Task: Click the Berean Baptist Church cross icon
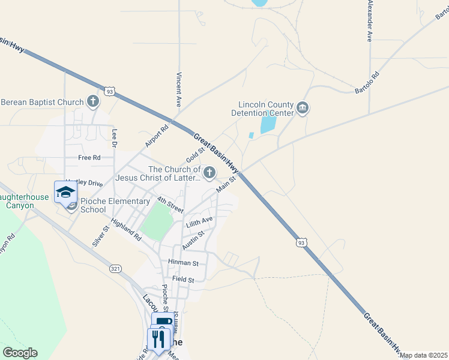[x=93, y=101]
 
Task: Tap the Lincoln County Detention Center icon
[x=302, y=108]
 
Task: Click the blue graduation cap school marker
[x=65, y=192]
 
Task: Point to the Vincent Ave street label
[x=178, y=90]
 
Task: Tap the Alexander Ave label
[x=370, y=20]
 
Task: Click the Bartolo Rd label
[x=367, y=83]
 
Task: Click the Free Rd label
[x=89, y=158]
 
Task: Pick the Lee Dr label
[x=113, y=137]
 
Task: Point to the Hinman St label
[x=184, y=263]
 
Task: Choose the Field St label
[x=183, y=280]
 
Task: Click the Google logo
[x=20, y=353]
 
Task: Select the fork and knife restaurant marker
[x=158, y=338]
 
